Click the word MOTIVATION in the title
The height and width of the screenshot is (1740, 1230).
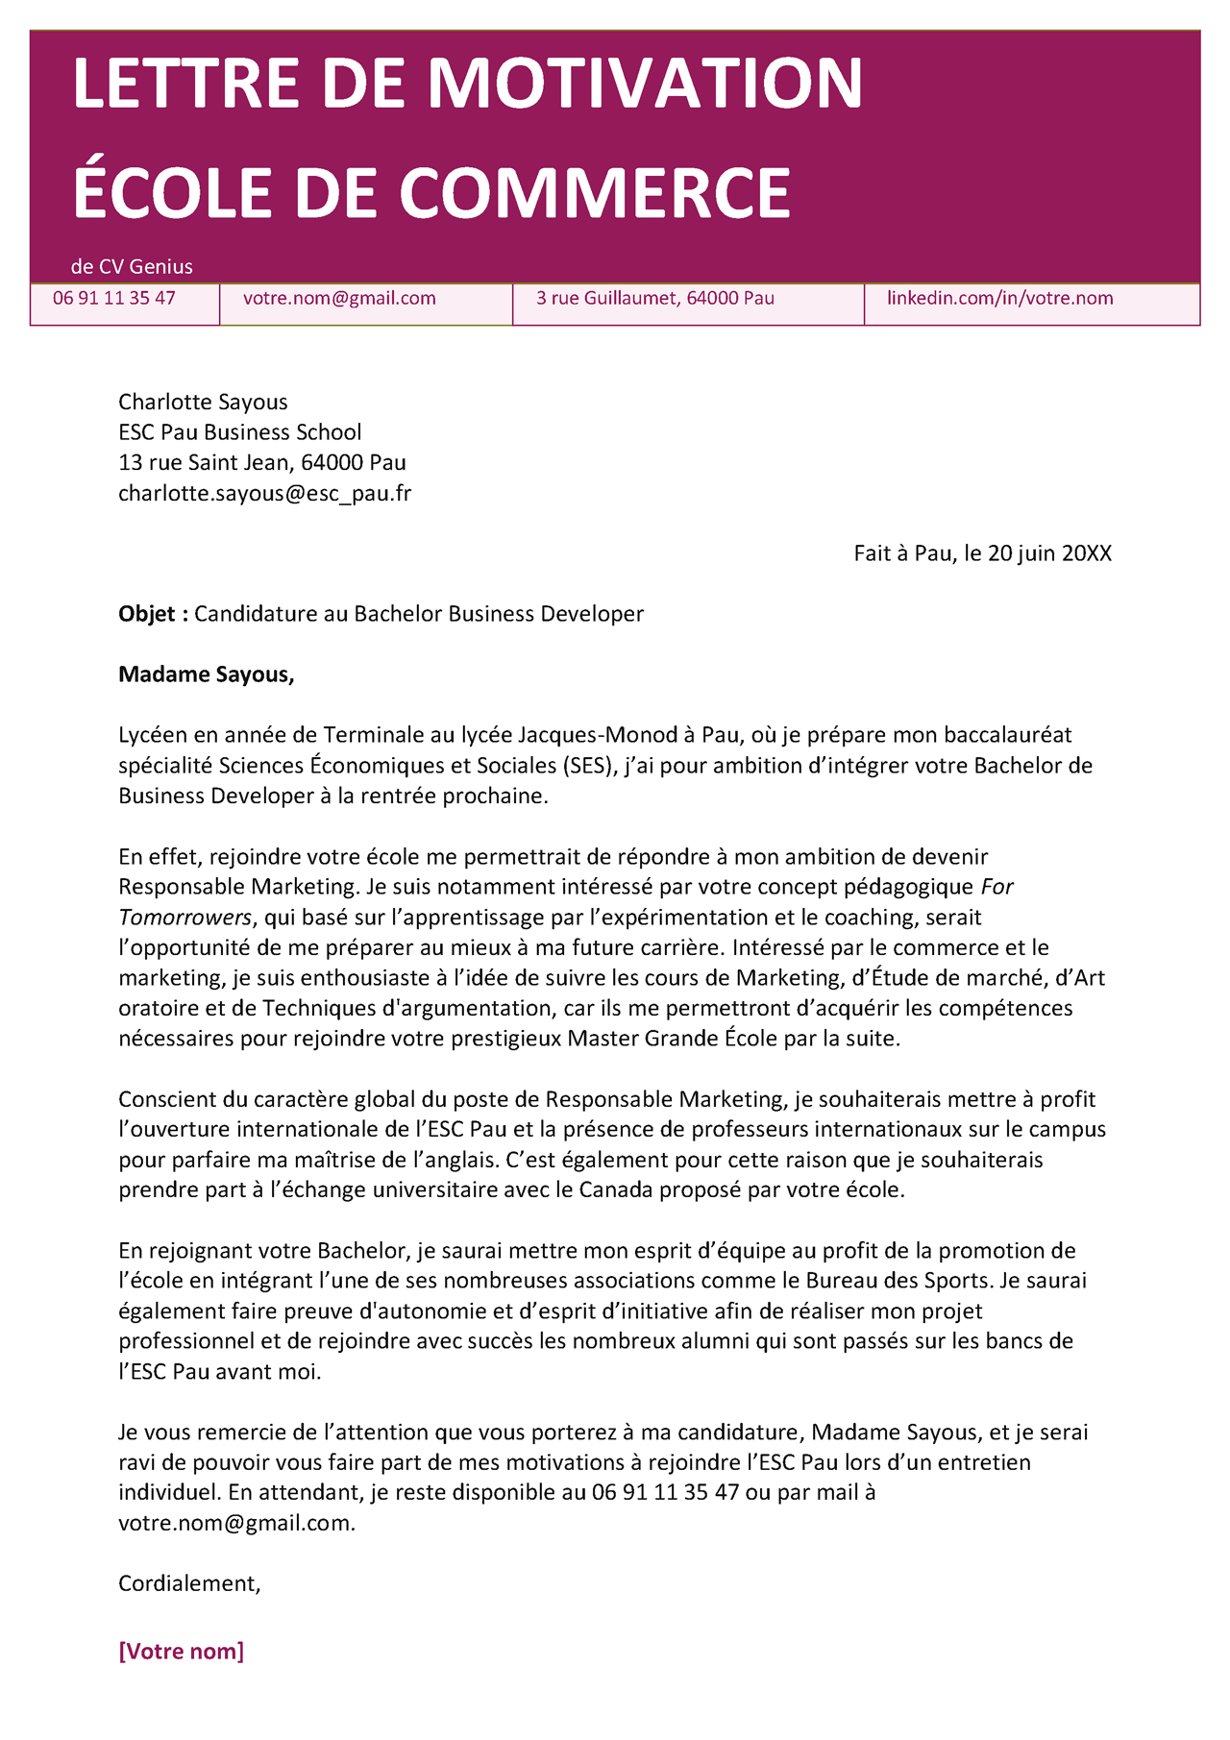tap(645, 84)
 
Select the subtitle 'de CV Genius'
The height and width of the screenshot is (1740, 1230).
tap(132, 267)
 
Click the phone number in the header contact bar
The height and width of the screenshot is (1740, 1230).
tap(114, 299)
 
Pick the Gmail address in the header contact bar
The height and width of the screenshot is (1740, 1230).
tap(339, 299)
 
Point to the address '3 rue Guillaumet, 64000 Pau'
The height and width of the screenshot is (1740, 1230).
tap(655, 299)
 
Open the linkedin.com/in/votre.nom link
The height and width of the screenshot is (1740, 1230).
tap(999, 299)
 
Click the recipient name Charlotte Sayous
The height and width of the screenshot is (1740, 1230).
tap(203, 403)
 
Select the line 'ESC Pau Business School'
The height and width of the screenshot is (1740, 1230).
tap(240, 432)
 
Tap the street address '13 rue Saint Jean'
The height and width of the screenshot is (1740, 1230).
tap(203, 463)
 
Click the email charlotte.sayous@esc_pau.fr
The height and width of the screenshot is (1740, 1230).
tap(264, 494)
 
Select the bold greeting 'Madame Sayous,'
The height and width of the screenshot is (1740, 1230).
tap(206, 674)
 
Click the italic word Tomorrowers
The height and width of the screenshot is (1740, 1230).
tap(184, 918)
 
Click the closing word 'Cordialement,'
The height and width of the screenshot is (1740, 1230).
tap(189, 1583)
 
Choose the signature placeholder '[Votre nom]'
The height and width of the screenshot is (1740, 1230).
tap(181, 1652)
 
